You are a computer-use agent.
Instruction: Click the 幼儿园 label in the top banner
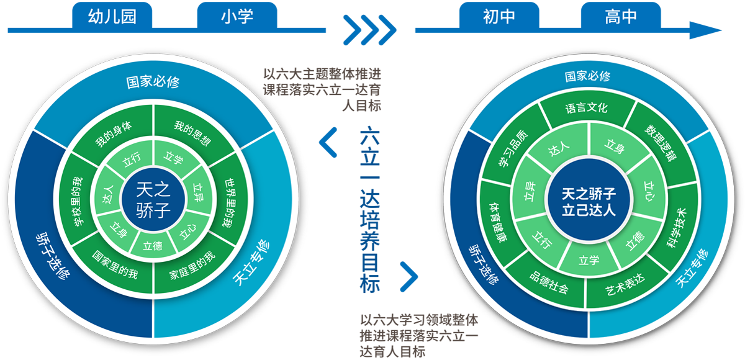[x=112, y=17]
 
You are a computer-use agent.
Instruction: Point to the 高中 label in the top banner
[x=620, y=17]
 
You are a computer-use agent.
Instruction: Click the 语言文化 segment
[x=586, y=108]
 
